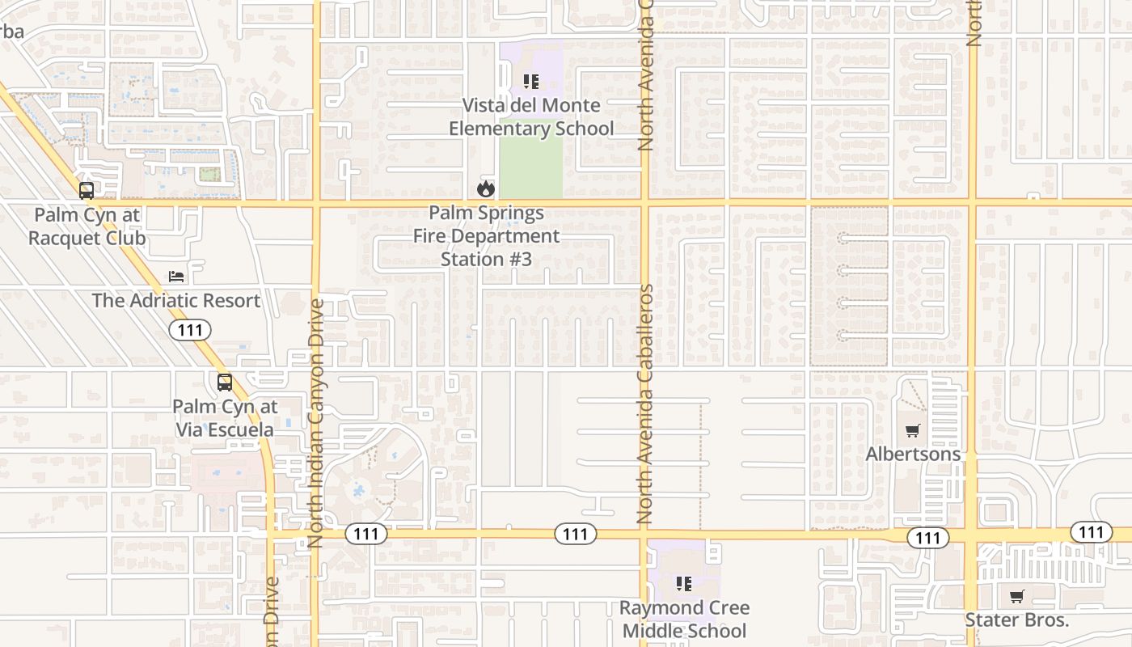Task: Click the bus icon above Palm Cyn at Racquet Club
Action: pyautogui.click(x=86, y=191)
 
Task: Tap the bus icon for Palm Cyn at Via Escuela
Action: pyautogui.click(x=225, y=383)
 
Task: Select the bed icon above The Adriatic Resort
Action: pyautogui.click(x=176, y=277)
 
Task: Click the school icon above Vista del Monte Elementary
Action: pyautogui.click(x=531, y=82)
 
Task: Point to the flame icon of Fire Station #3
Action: pyautogui.click(x=485, y=189)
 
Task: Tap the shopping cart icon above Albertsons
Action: pyautogui.click(x=913, y=430)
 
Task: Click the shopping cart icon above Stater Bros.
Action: pyautogui.click(x=1016, y=597)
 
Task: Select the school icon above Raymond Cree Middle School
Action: pyautogui.click(x=684, y=583)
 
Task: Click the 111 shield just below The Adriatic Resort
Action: pyautogui.click(x=190, y=329)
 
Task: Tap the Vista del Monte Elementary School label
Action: pyautogui.click(x=531, y=117)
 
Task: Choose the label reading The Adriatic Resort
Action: pyautogui.click(x=176, y=301)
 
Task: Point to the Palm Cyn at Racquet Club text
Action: pyautogui.click(x=87, y=226)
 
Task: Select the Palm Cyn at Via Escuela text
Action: pyautogui.click(x=225, y=418)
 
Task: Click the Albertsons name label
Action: pyautogui.click(x=913, y=454)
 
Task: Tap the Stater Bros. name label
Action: pyautogui.click(x=1016, y=620)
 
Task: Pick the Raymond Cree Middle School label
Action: pyautogui.click(x=684, y=619)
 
